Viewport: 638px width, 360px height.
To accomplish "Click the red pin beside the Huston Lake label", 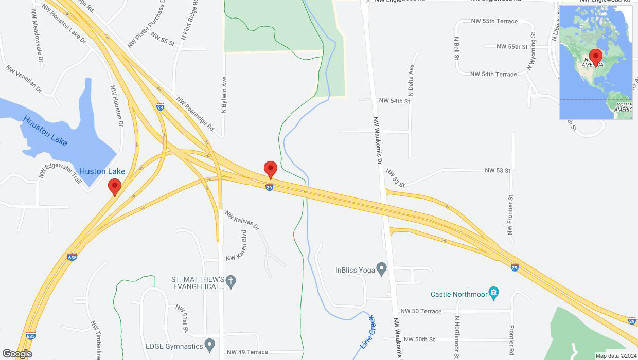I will [114, 187].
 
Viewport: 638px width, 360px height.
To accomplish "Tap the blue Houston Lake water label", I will [45, 131].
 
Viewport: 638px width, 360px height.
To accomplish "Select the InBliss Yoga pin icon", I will [381, 269].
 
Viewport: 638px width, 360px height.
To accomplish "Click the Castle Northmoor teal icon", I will [493, 294].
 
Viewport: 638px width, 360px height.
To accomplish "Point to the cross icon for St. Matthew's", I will [232, 282].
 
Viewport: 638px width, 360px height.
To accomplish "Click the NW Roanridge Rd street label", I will [196, 114].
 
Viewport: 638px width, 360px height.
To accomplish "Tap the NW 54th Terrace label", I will [493, 74].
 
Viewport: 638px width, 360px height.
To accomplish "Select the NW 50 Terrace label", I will [421, 311].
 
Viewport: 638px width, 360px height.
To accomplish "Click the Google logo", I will [16, 354].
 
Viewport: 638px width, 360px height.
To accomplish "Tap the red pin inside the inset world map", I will [596, 57].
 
